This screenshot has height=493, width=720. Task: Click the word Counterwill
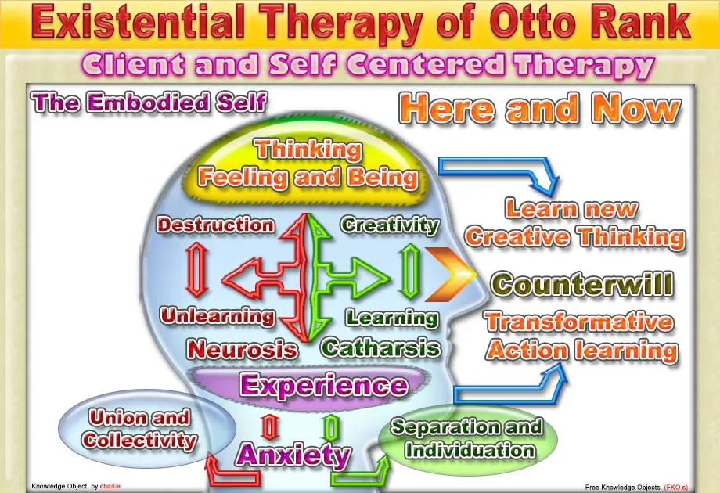pyautogui.click(x=582, y=285)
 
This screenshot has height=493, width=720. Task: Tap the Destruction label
pyautogui.click(x=215, y=225)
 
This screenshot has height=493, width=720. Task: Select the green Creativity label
pyautogui.click(x=390, y=225)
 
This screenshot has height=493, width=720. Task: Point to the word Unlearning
pyautogui.click(x=218, y=316)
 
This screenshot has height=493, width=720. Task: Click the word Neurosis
pyautogui.click(x=242, y=349)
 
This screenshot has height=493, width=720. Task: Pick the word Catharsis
pyautogui.click(x=380, y=348)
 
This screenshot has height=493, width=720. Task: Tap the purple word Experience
pyautogui.click(x=323, y=385)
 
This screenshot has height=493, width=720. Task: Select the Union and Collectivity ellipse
pyautogui.click(x=147, y=429)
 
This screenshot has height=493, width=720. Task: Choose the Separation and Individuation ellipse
pyautogui.click(x=468, y=439)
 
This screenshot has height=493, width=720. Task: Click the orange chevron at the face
pyautogui.click(x=450, y=275)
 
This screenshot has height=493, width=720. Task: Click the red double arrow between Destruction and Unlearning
pyautogui.click(x=197, y=271)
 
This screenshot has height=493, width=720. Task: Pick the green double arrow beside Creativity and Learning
pyautogui.click(x=409, y=272)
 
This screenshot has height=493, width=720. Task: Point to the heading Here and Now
pyautogui.click(x=540, y=109)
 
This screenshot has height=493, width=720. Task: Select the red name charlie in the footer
pyautogui.click(x=110, y=486)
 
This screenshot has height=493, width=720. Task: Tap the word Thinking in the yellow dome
pyautogui.click(x=308, y=150)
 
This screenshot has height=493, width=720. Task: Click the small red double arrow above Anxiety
pyautogui.click(x=269, y=427)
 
